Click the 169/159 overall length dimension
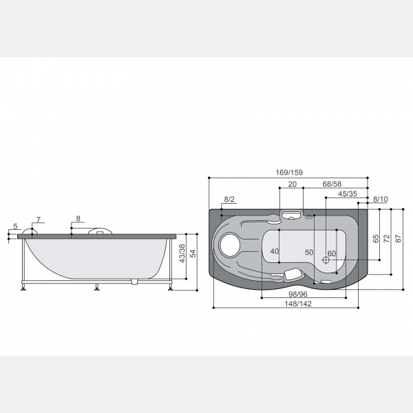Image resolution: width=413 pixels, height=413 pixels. click(x=289, y=173)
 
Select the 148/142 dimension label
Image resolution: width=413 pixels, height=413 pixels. click(x=298, y=304)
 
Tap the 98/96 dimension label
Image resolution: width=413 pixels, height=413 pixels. click(x=298, y=294)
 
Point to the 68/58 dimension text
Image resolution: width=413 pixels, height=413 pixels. click(x=332, y=184)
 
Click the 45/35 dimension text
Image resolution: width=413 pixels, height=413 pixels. click(x=348, y=194)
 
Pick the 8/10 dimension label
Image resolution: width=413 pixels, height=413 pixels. click(x=381, y=200)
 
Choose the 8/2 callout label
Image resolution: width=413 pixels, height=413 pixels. click(x=229, y=200)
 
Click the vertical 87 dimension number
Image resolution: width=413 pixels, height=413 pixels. click(x=399, y=238)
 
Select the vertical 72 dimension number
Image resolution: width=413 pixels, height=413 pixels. click(x=387, y=238)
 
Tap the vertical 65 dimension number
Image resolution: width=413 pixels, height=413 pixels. click(x=376, y=238)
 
